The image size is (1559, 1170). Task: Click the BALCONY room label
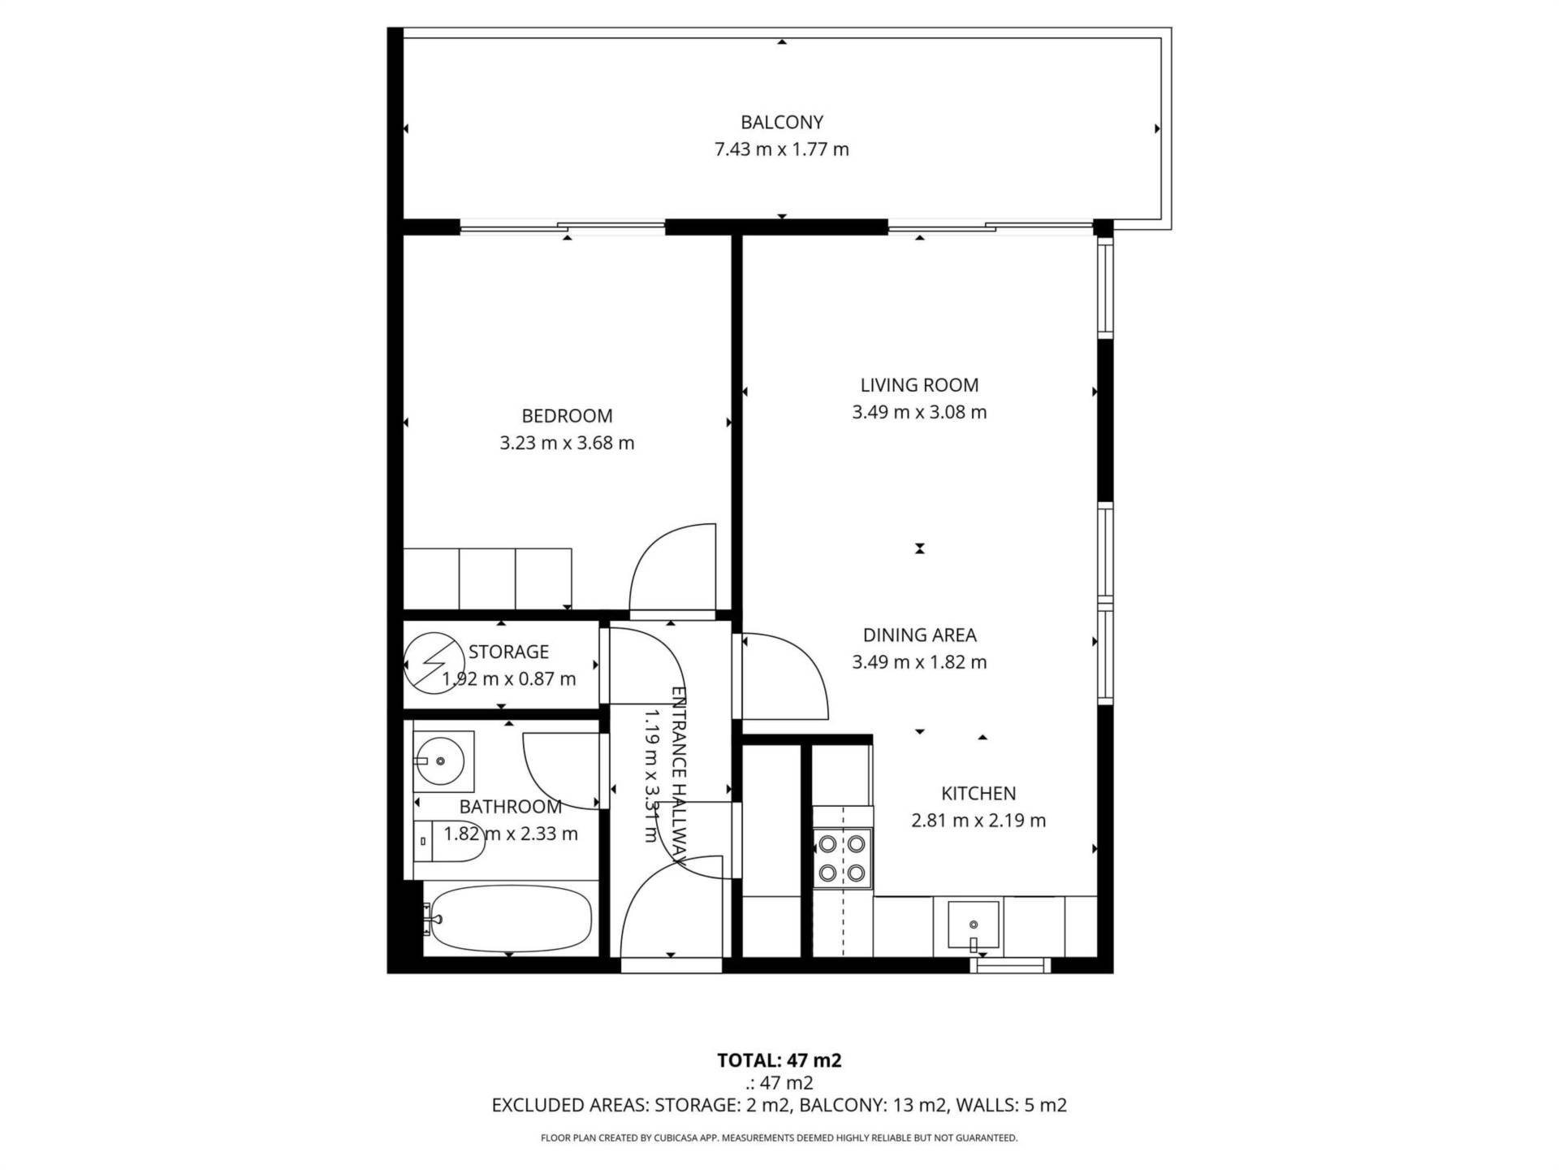[782, 122]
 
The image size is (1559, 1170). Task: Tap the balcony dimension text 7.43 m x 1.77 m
[782, 149]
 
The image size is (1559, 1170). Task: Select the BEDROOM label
[567, 416]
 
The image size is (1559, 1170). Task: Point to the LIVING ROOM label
[919, 385]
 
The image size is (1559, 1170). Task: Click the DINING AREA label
[919, 635]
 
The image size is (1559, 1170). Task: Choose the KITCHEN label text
[978, 793]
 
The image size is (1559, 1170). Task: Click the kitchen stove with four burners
[842, 859]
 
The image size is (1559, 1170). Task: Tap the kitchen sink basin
[974, 925]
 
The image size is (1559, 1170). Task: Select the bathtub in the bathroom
[511, 917]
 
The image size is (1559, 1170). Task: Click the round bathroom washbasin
[439, 761]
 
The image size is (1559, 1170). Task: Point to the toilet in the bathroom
[449, 841]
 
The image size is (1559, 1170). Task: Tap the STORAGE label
[508, 652]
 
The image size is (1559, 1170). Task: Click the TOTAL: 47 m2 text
[779, 1060]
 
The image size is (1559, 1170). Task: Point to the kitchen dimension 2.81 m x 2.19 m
[978, 821]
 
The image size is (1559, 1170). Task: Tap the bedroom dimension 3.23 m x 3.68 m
[567, 443]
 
